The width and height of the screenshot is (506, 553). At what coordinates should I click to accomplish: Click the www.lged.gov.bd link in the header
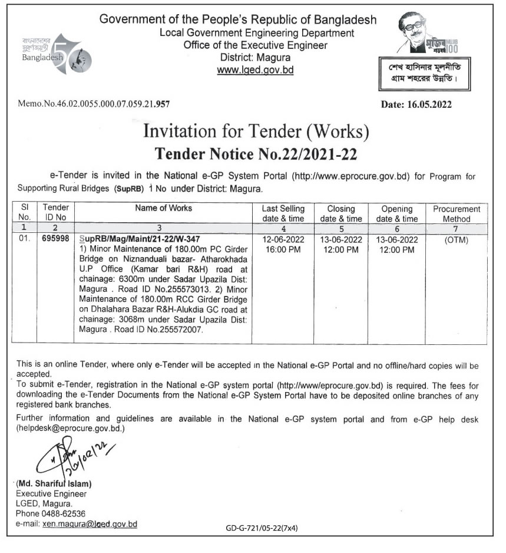tap(255, 70)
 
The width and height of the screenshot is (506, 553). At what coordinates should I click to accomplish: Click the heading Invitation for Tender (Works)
tap(256, 131)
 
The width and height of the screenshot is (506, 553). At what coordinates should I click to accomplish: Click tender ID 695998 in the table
tap(56, 240)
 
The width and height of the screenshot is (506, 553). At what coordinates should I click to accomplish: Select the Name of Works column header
tap(164, 208)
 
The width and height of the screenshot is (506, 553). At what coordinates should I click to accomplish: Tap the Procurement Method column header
tap(457, 213)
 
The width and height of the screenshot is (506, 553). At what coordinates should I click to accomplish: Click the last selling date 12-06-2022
tap(283, 240)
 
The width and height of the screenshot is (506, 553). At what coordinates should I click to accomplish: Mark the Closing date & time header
tap(341, 213)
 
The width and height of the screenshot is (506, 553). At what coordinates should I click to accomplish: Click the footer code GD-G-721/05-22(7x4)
tap(262, 528)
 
